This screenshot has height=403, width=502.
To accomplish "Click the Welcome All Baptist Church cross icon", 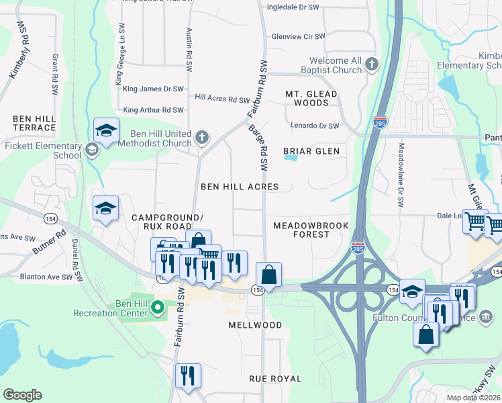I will tap(372, 64).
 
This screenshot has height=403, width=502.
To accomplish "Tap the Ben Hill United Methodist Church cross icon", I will tap(201, 138).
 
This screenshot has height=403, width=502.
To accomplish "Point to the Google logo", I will tap(22, 395).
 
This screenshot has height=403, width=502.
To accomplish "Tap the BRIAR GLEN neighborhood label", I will tap(311, 151).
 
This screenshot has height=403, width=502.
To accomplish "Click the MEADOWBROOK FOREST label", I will tap(311, 230).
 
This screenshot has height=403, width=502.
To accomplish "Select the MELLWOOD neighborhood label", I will tap(256, 325).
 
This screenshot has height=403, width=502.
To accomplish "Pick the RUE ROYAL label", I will tap(275, 379).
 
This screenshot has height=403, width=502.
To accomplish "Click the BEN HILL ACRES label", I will tap(240, 186).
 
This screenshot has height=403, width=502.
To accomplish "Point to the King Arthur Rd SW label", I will tap(154, 110).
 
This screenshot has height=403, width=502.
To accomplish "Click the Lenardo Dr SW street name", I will tap(314, 126).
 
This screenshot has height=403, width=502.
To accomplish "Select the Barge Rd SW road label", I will tap(258, 146).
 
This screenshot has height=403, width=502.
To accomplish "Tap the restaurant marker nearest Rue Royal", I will tap(188, 375).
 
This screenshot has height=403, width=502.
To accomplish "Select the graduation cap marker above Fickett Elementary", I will tap(106, 130).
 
